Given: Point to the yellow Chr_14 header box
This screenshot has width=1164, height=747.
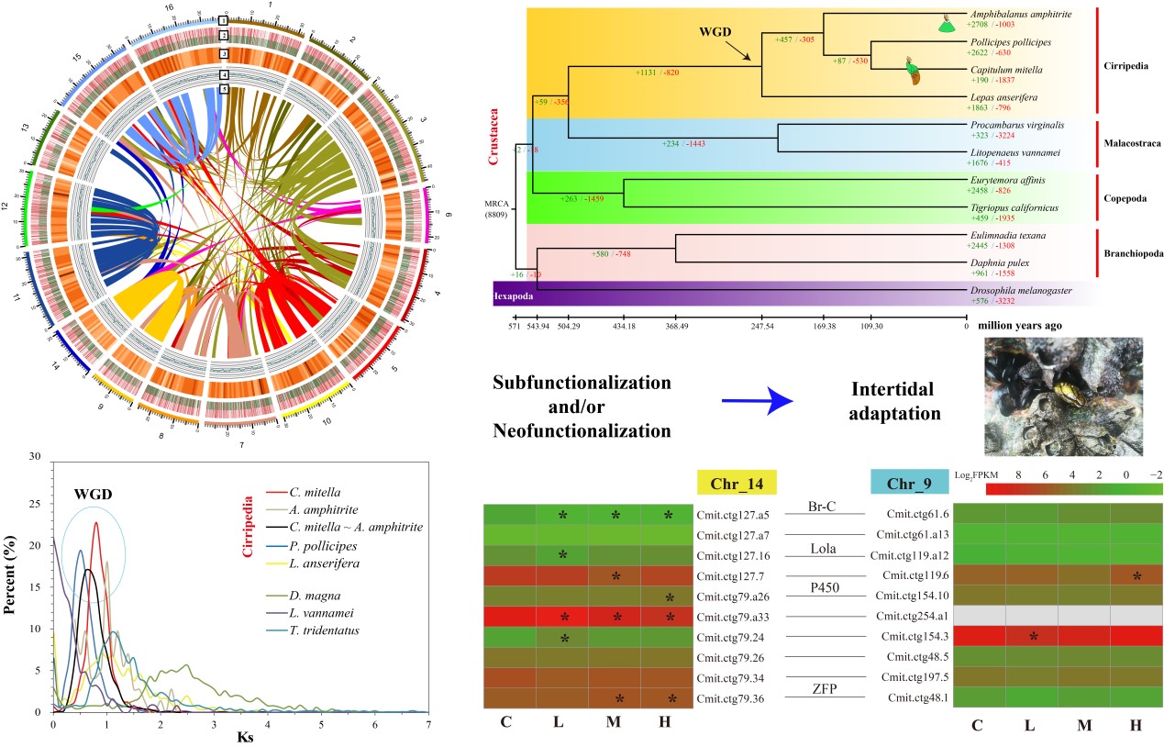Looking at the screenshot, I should click(x=737, y=482).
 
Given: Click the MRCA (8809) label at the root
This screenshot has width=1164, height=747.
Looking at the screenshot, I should click(x=500, y=210).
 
